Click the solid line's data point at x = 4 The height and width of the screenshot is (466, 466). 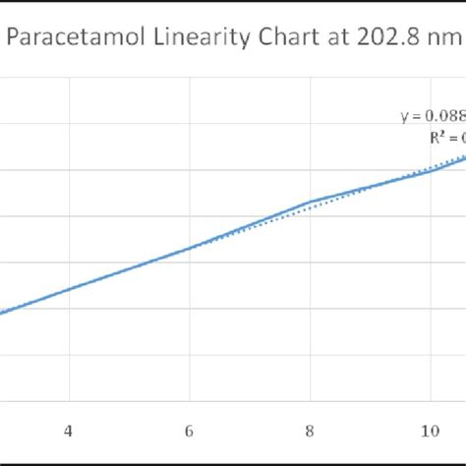[x=69, y=289]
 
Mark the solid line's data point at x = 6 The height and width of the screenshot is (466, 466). [x=190, y=247]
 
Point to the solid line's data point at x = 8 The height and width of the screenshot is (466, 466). [x=311, y=201]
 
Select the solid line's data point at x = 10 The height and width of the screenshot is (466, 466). [x=431, y=171]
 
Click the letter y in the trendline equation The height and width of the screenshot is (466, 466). [x=404, y=116]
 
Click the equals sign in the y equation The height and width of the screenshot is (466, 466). [x=416, y=116]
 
